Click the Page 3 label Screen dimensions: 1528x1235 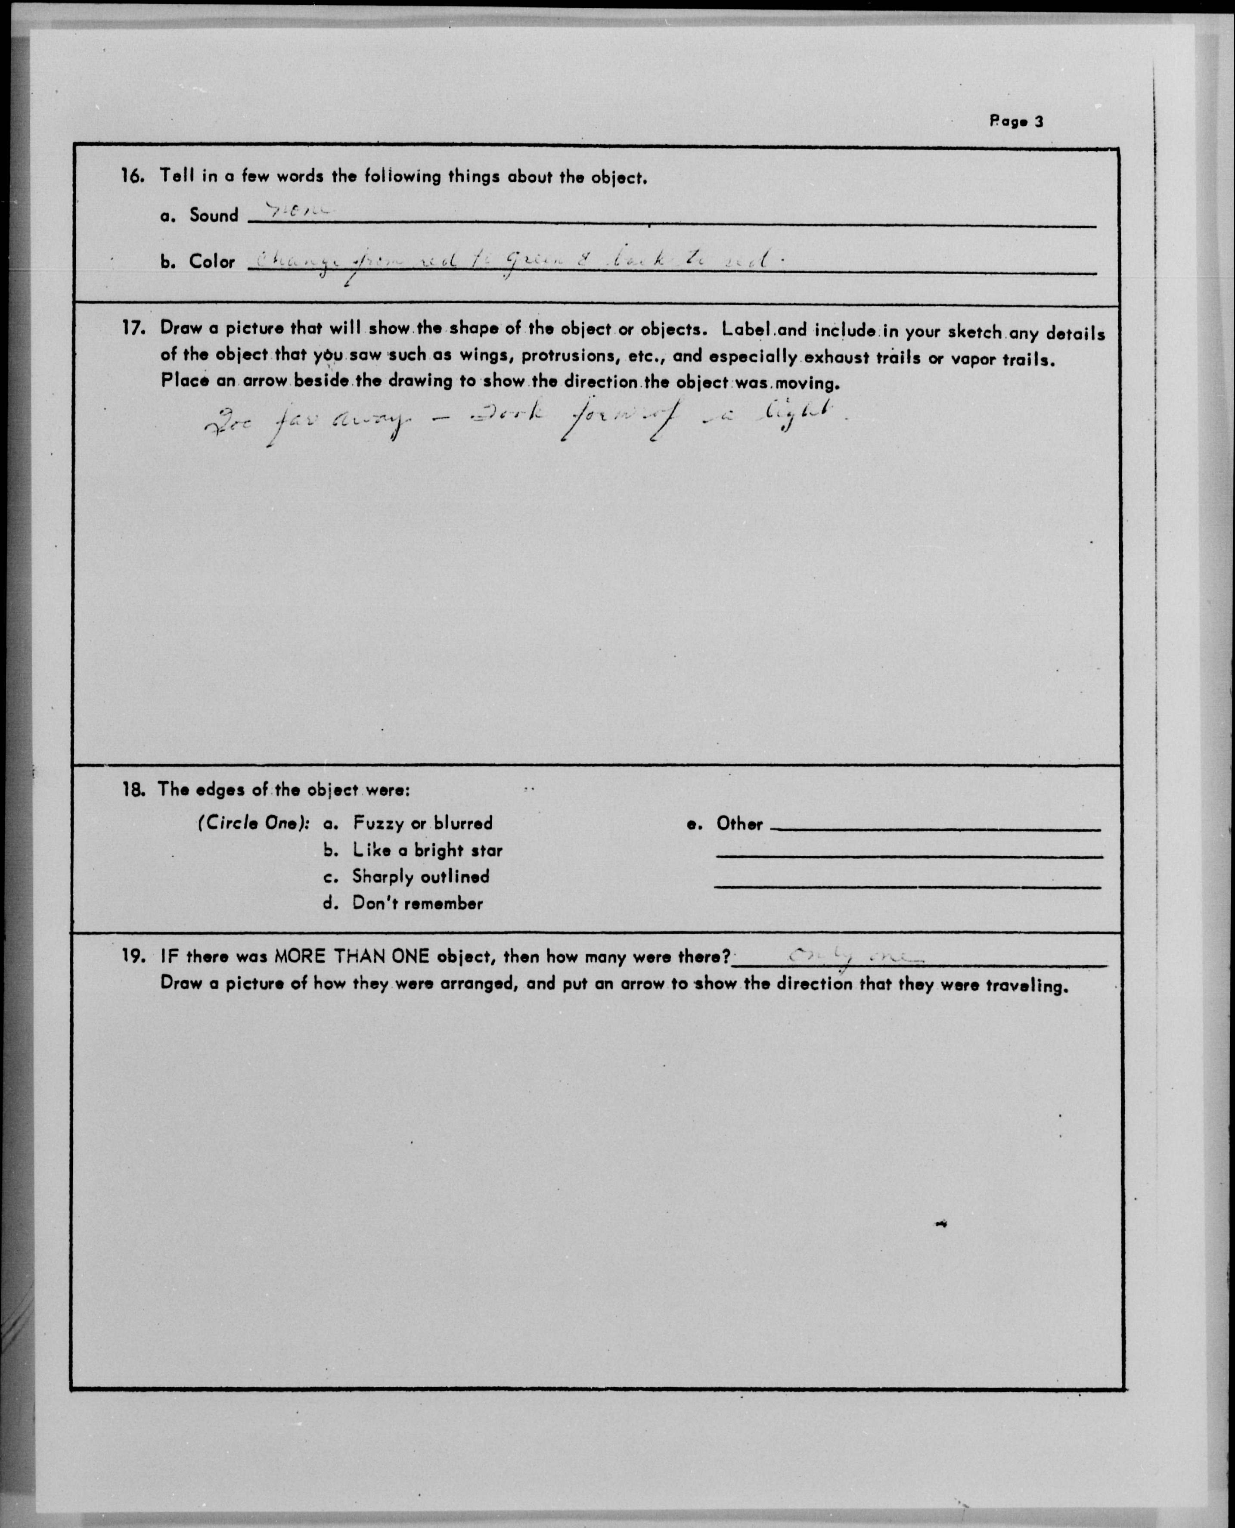1016,121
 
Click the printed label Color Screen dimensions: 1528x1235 211,262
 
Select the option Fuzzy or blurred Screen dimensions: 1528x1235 422,824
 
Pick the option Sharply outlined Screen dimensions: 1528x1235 420,877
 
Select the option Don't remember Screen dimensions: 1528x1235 418,904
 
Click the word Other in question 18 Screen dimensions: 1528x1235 739,824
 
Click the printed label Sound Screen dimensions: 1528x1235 214,215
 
